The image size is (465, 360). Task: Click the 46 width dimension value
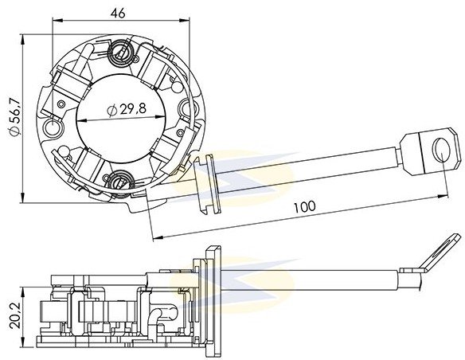pos(118,13)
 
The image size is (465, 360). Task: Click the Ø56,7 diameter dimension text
pos(15,117)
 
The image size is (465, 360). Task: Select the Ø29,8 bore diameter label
pos(127,110)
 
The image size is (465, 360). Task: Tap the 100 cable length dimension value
pos(305,206)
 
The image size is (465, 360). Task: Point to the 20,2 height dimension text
pos(15,315)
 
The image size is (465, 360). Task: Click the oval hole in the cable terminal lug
pos(441,150)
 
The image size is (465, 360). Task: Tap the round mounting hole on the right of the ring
pos(187,108)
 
